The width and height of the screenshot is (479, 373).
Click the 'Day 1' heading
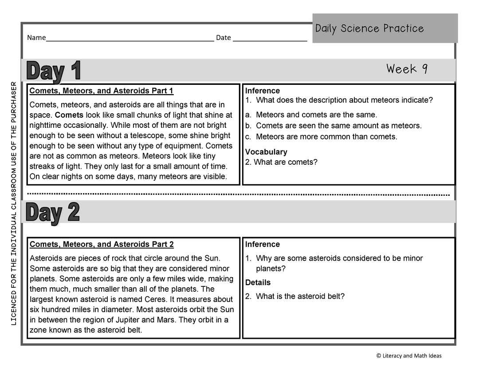(54, 71)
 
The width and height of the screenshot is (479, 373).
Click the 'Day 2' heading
(53, 213)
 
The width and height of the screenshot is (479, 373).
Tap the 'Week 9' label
(407, 69)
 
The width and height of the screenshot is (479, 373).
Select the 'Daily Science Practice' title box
(385, 28)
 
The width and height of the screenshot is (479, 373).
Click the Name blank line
(130, 38)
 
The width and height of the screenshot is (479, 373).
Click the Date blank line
(270, 38)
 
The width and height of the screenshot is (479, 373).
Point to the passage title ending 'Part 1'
(101, 91)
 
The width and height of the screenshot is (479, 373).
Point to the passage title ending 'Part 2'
(102, 244)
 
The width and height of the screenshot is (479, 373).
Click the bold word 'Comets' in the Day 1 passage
(69, 115)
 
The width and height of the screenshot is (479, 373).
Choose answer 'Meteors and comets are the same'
(316, 115)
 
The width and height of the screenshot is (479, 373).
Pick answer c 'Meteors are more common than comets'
(326, 137)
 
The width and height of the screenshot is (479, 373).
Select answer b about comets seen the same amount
(338, 126)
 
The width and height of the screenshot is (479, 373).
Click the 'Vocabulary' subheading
(266, 152)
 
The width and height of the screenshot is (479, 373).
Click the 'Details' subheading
(258, 282)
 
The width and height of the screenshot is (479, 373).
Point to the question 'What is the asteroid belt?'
(300, 296)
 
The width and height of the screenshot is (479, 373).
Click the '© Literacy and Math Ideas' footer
(409, 356)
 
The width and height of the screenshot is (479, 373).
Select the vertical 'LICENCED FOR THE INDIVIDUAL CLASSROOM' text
(13, 203)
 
